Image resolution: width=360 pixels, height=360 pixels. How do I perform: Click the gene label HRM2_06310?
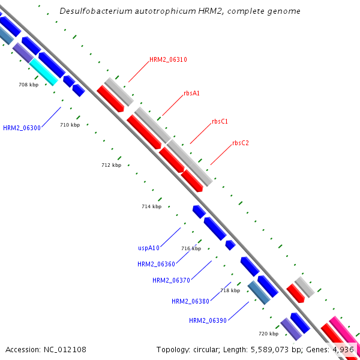click(168, 59)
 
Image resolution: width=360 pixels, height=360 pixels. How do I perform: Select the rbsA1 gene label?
click(192, 93)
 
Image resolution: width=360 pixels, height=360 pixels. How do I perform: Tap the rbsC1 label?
click(220, 121)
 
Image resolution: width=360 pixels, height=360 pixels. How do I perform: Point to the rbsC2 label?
click(241, 143)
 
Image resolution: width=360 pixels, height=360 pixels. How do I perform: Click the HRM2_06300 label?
click(22, 128)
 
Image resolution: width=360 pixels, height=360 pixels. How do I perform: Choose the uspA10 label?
click(148, 248)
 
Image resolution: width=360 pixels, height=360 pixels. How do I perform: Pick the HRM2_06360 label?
click(156, 264)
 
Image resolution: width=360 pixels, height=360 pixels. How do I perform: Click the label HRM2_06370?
click(171, 280)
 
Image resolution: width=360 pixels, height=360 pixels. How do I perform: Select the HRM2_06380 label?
click(190, 301)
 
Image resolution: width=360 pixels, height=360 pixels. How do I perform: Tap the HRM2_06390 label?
click(208, 320)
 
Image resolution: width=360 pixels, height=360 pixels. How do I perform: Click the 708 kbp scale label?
click(28, 85)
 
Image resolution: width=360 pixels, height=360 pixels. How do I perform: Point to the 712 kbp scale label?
click(111, 165)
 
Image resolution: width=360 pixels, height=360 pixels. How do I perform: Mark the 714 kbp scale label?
click(151, 206)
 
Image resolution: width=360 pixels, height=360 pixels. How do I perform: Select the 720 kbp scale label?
click(268, 334)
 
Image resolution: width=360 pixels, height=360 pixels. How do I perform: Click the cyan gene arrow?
click(43, 71)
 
